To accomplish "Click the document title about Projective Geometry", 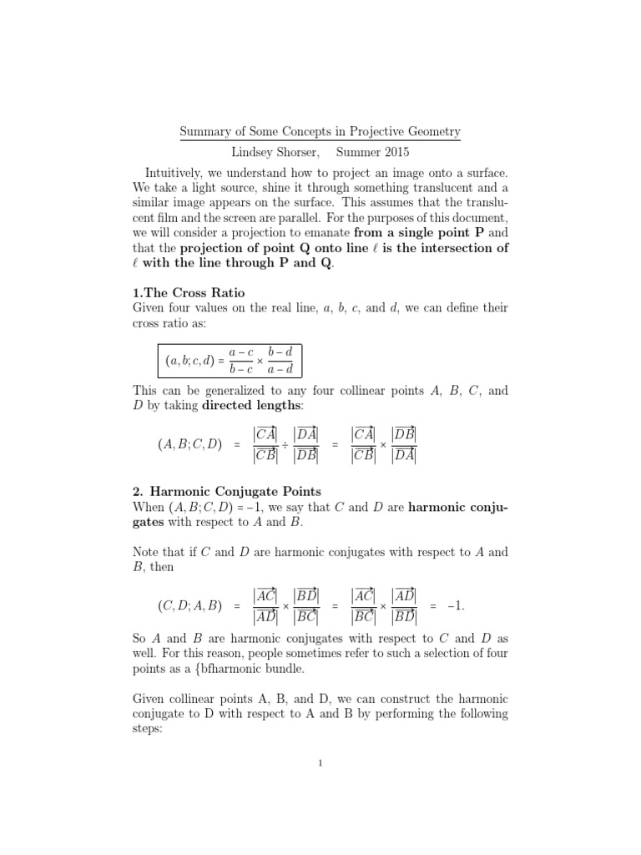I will pos(320,132).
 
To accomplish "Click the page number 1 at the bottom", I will pos(320,763).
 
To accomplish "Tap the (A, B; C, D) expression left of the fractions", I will pos(189,445).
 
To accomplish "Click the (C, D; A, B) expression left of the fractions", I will pos(189,605).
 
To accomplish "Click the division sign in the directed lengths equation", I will pos(284,445).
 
